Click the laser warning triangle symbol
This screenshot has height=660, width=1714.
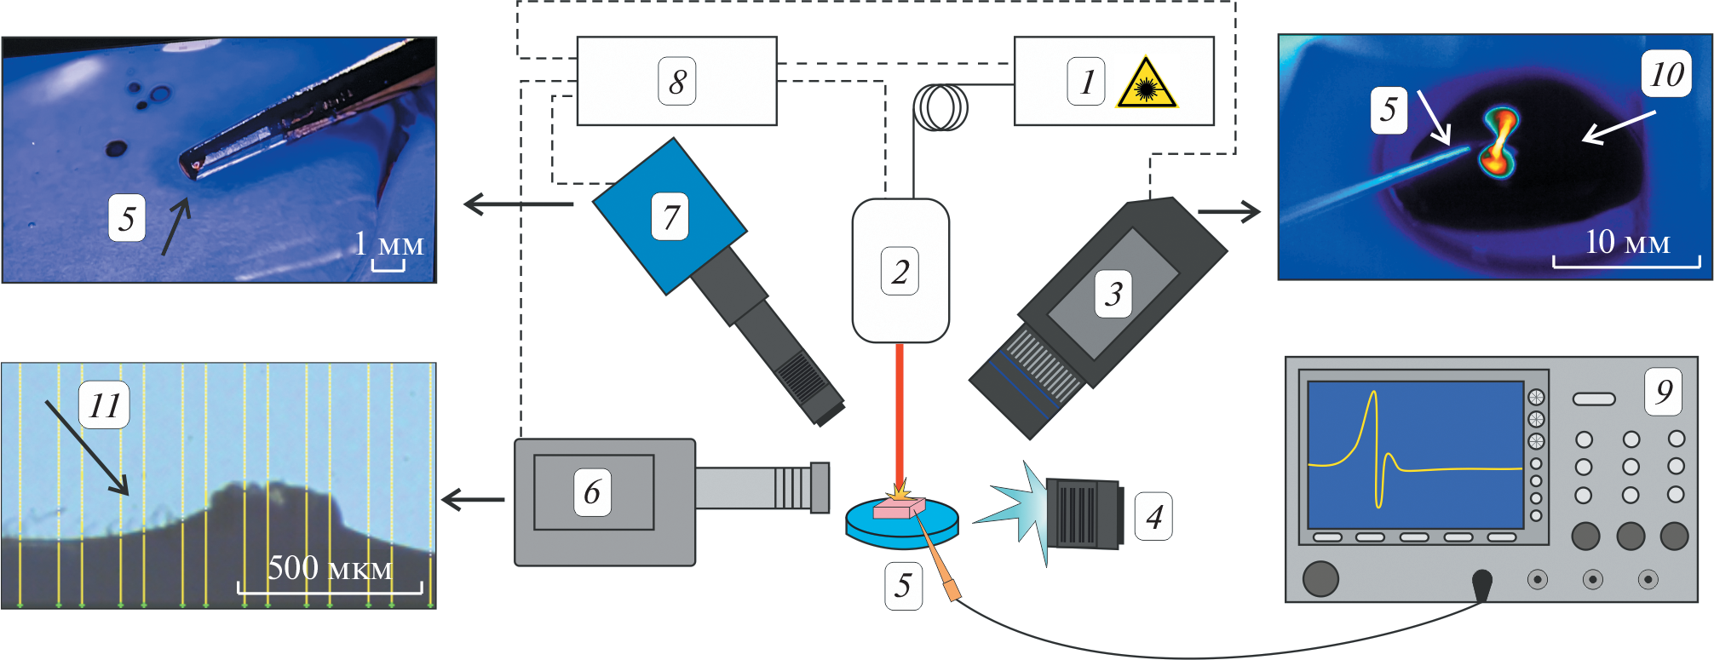pyautogui.click(x=1147, y=84)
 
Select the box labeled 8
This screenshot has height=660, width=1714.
pyautogui.click(x=676, y=81)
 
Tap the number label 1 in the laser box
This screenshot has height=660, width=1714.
pyautogui.click(x=1086, y=82)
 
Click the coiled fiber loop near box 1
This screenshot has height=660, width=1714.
pyautogui.click(x=940, y=107)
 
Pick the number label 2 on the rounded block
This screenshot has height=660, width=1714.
pyautogui.click(x=900, y=271)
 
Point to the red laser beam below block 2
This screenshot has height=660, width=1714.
pyautogui.click(x=899, y=409)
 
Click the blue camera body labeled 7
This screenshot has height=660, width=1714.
pyautogui.click(x=670, y=216)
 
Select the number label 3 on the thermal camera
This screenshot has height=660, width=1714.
pyautogui.click(x=1113, y=294)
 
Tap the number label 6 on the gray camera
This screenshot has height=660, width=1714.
pyautogui.click(x=592, y=491)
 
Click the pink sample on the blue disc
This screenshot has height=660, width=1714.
pyautogui.click(x=899, y=508)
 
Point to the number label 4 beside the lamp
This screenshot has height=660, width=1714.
pyautogui.click(x=1153, y=516)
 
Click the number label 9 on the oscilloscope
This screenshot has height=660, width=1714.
pyautogui.click(x=1663, y=391)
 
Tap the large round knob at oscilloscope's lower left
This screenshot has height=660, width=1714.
pyautogui.click(x=1320, y=577)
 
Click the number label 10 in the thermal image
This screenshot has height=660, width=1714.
pyautogui.click(x=1666, y=74)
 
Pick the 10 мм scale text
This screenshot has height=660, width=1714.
pyautogui.click(x=1626, y=243)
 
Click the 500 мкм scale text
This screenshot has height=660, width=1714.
pyautogui.click(x=330, y=568)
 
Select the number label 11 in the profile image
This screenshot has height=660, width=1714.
pyautogui.click(x=104, y=405)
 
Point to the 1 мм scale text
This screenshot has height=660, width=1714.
pyautogui.click(x=389, y=244)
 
